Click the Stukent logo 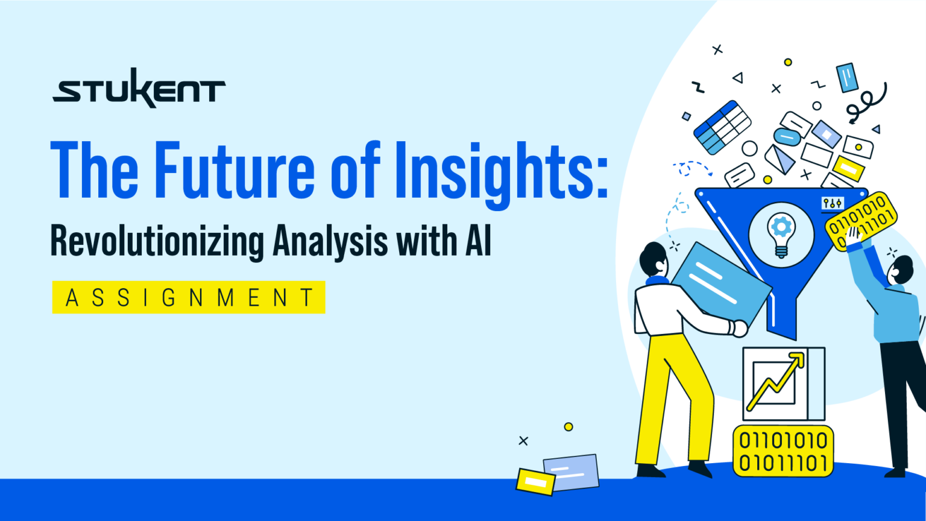pyautogui.click(x=139, y=89)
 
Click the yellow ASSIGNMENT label pyautogui.click(x=189, y=297)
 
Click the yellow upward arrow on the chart pyautogui.click(x=777, y=379)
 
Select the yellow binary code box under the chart pyautogui.click(x=783, y=451)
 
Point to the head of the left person pyautogui.click(x=653, y=259)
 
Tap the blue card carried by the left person pyautogui.click(x=720, y=283)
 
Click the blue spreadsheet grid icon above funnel pyautogui.click(x=722, y=127)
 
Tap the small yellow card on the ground pyautogui.click(x=535, y=481)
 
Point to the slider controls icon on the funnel pyautogui.click(x=833, y=203)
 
